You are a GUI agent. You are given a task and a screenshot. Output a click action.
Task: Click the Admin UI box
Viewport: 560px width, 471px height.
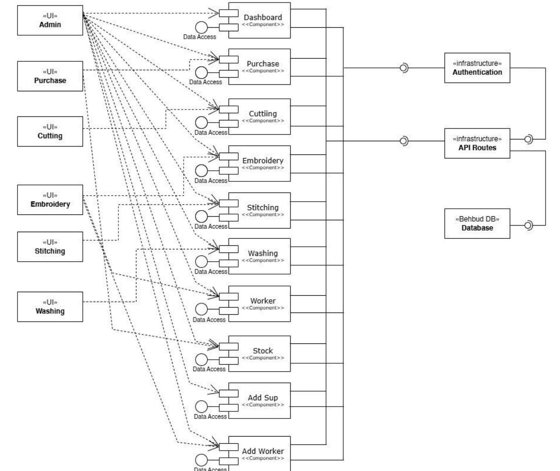[50, 20]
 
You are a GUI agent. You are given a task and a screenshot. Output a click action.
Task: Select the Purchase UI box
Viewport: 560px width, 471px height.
[50, 76]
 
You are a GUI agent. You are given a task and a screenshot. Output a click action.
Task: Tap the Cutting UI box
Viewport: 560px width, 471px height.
[50, 131]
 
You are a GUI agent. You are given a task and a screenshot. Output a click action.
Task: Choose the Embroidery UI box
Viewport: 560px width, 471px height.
[50, 200]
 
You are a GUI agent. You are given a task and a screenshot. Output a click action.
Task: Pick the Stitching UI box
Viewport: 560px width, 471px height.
[50, 247]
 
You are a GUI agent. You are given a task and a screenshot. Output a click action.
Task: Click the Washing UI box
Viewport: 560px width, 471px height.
[50, 307]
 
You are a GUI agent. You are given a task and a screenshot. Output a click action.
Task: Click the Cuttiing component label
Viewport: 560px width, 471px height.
[263, 114]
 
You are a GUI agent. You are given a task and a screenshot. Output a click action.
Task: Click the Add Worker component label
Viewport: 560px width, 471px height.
[263, 451]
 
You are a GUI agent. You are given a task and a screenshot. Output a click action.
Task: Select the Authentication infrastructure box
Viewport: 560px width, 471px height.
[477, 68]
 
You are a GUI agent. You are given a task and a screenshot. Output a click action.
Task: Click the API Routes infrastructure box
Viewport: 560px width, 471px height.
[477, 143]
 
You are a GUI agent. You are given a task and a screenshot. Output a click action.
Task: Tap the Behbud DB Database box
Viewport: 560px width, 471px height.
[477, 223]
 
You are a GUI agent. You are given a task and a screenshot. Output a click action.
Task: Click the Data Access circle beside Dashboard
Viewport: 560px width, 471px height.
[201, 27]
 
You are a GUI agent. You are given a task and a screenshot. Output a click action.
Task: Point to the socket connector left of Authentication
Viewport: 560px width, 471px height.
[404, 68]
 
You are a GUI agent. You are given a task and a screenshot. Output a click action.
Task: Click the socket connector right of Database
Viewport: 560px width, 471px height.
[528, 225]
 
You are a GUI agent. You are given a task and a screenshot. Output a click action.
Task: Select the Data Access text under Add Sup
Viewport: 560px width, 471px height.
[210, 417]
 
